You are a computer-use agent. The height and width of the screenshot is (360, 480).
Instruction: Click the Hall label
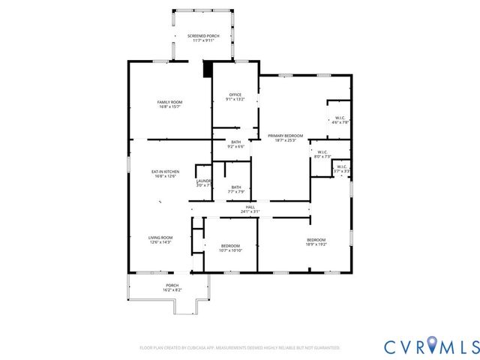point(250,207)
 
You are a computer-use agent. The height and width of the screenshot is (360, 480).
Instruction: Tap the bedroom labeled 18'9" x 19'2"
point(316,241)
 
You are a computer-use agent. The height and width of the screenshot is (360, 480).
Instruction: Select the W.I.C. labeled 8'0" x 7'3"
point(320,154)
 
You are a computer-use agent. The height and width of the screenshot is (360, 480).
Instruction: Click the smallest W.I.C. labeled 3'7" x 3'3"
point(341,169)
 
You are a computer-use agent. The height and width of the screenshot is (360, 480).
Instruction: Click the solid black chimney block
point(208,69)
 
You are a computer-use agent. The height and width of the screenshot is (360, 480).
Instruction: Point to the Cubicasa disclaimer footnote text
point(240,348)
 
